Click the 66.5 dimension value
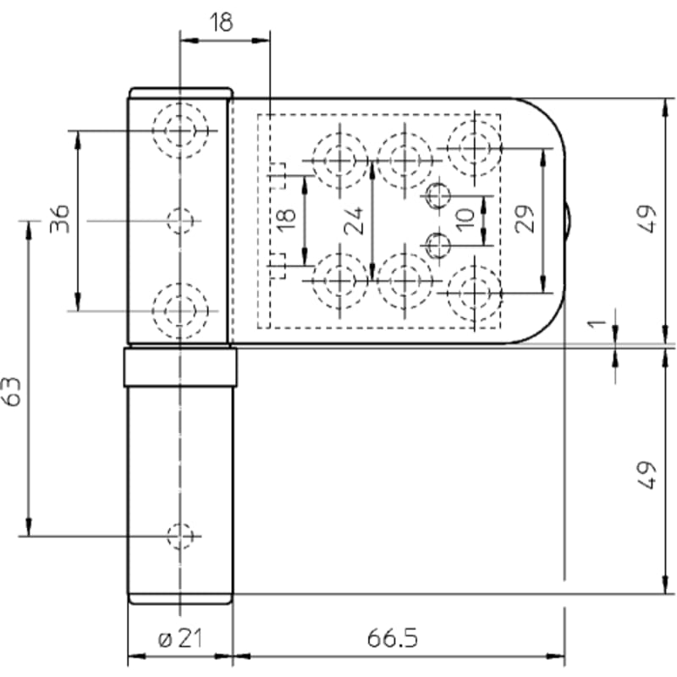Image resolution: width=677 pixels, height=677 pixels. coord(393,638)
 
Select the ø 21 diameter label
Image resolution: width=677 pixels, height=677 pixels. coord(180,638)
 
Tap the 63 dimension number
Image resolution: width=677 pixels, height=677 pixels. coord(12,392)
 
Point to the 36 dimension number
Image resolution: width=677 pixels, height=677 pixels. coord(59,219)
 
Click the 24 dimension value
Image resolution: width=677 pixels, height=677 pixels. coord(354,221)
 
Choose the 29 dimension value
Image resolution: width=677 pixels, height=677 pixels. coord(525,219)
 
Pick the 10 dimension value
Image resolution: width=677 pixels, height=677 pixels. coord(465,220)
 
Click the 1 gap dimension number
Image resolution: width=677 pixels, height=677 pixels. coord(597,323)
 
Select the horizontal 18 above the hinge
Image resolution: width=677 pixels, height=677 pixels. coord(221,23)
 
